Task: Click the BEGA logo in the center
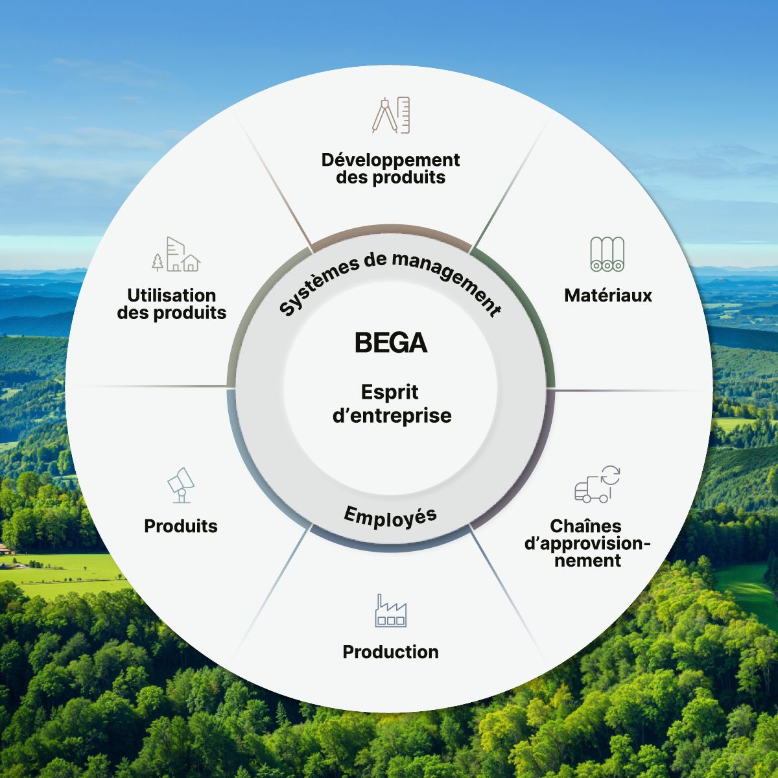391,342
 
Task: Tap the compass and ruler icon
391,115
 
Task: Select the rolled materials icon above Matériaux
607,254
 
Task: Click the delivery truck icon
596,485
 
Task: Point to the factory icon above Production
390,611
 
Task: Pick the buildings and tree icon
176,254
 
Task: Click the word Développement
390,159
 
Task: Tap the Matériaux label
608,296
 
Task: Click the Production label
390,652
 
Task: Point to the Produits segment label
181,526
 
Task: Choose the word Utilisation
172,296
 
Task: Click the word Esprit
390,392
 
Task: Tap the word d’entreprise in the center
392,416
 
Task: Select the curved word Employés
390,517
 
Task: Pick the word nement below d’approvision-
587,561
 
